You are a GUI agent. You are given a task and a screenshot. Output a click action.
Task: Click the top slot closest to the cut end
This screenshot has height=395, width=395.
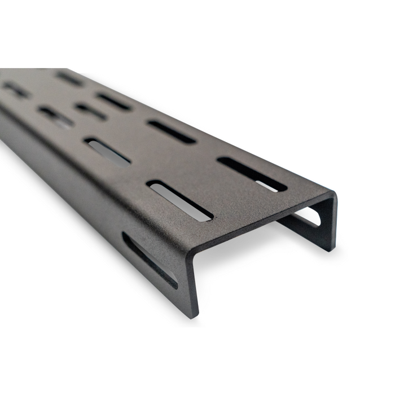[x=252, y=174]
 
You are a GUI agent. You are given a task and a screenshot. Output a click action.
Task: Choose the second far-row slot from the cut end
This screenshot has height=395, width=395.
[x=172, y=131]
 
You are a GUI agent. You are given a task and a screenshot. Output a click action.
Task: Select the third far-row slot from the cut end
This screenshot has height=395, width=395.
[x=114, y=101]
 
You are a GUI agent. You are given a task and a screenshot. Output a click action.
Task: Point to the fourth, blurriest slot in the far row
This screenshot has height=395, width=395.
[x=70, y=78]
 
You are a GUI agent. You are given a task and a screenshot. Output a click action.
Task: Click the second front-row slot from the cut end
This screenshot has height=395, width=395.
[x=107, y=151]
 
